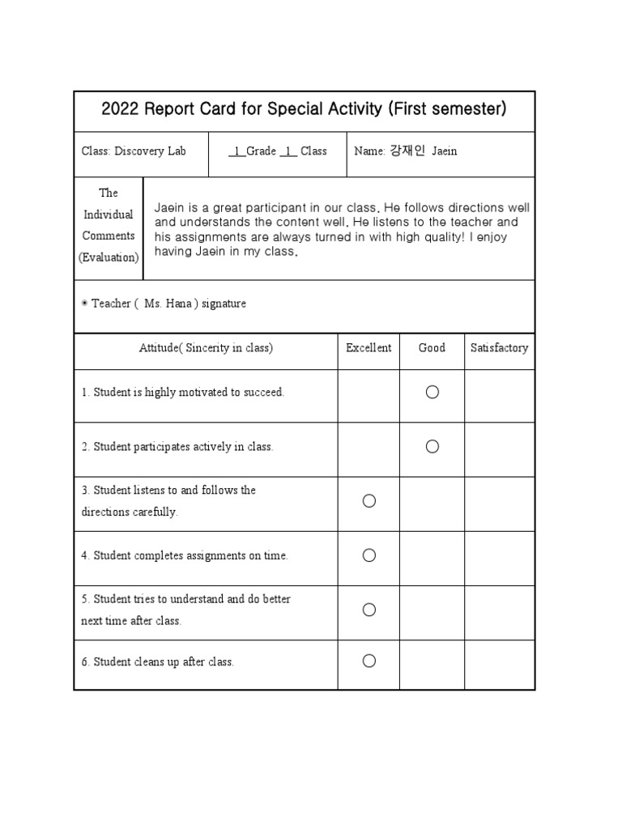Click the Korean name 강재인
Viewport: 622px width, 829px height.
point(407,151)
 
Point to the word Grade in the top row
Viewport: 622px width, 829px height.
point(261,151)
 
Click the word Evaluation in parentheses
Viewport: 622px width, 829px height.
point(109,257)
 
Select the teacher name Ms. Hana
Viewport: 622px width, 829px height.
point(166,304)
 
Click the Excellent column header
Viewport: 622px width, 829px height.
point(369,348)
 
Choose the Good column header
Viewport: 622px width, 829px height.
point(432,348)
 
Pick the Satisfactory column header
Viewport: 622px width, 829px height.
point(499,348)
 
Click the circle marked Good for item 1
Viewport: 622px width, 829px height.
point(432,393)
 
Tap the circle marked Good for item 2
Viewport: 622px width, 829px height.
point(432,447)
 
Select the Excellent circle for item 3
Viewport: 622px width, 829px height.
point(369,501)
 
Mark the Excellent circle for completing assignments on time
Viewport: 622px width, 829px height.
point(369,555)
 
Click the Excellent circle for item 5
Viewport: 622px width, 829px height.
point(369,610)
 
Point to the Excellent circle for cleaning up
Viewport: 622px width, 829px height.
point(369,661)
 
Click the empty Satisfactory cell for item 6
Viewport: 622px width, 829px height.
point(499,664)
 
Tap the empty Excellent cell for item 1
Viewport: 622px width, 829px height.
point(369,395)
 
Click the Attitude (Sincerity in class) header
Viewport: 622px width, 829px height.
point(206,348)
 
